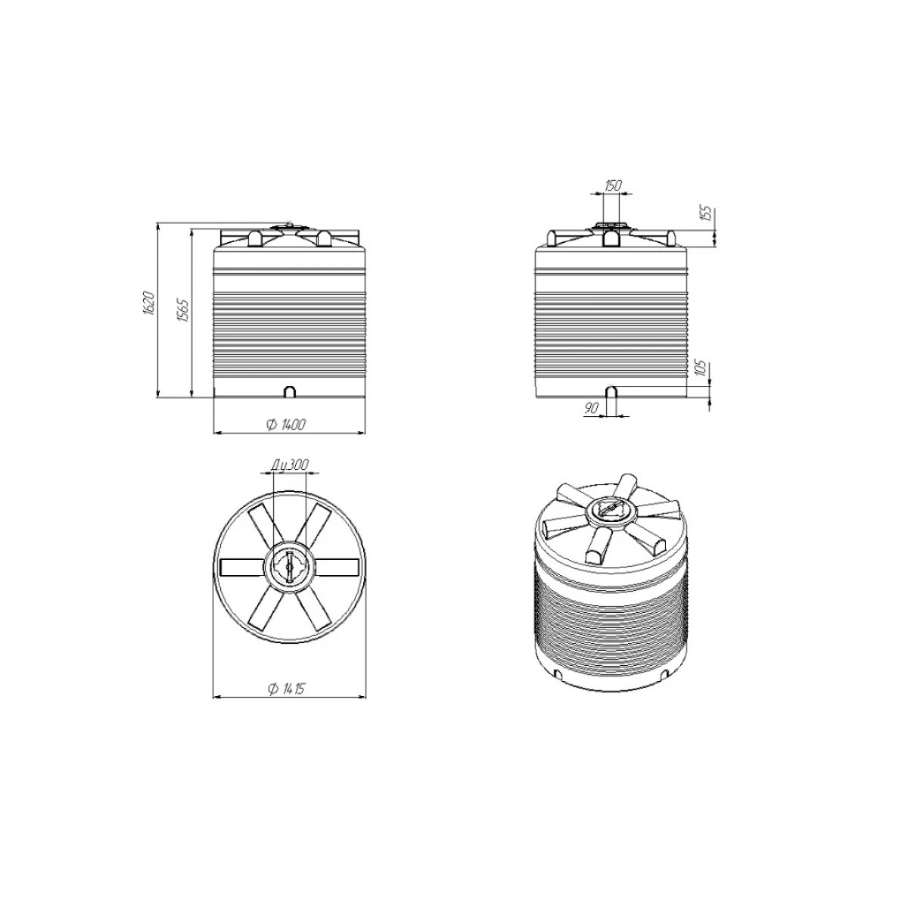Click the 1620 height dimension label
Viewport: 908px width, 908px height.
(x=148, y=303)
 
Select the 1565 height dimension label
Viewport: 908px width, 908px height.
(x=183, y=310)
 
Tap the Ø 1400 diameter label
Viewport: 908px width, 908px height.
(x=286, y=424)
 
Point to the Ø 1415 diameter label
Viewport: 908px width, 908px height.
(x=286, y=689)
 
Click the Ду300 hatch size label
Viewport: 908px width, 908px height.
(x=291, y=465)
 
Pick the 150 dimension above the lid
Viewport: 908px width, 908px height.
(x=613, y=185)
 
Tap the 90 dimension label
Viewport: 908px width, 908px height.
(x=591, y=408)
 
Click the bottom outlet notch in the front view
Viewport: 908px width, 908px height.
(x=291, y=391)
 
